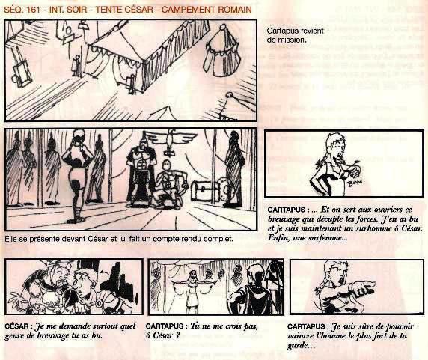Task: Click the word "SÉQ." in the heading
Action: (x=16, y=8)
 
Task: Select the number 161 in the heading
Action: (x=40, y=8)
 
